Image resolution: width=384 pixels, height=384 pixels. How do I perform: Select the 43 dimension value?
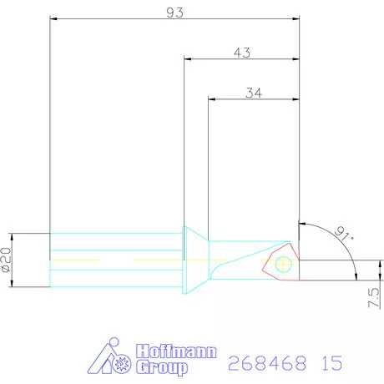pos(242,53)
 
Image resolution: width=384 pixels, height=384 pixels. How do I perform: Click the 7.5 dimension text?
pos(373,297)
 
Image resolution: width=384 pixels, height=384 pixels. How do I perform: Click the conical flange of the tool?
pos(194,260)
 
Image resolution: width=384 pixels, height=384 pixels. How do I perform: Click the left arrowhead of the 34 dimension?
pos(211,99)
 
